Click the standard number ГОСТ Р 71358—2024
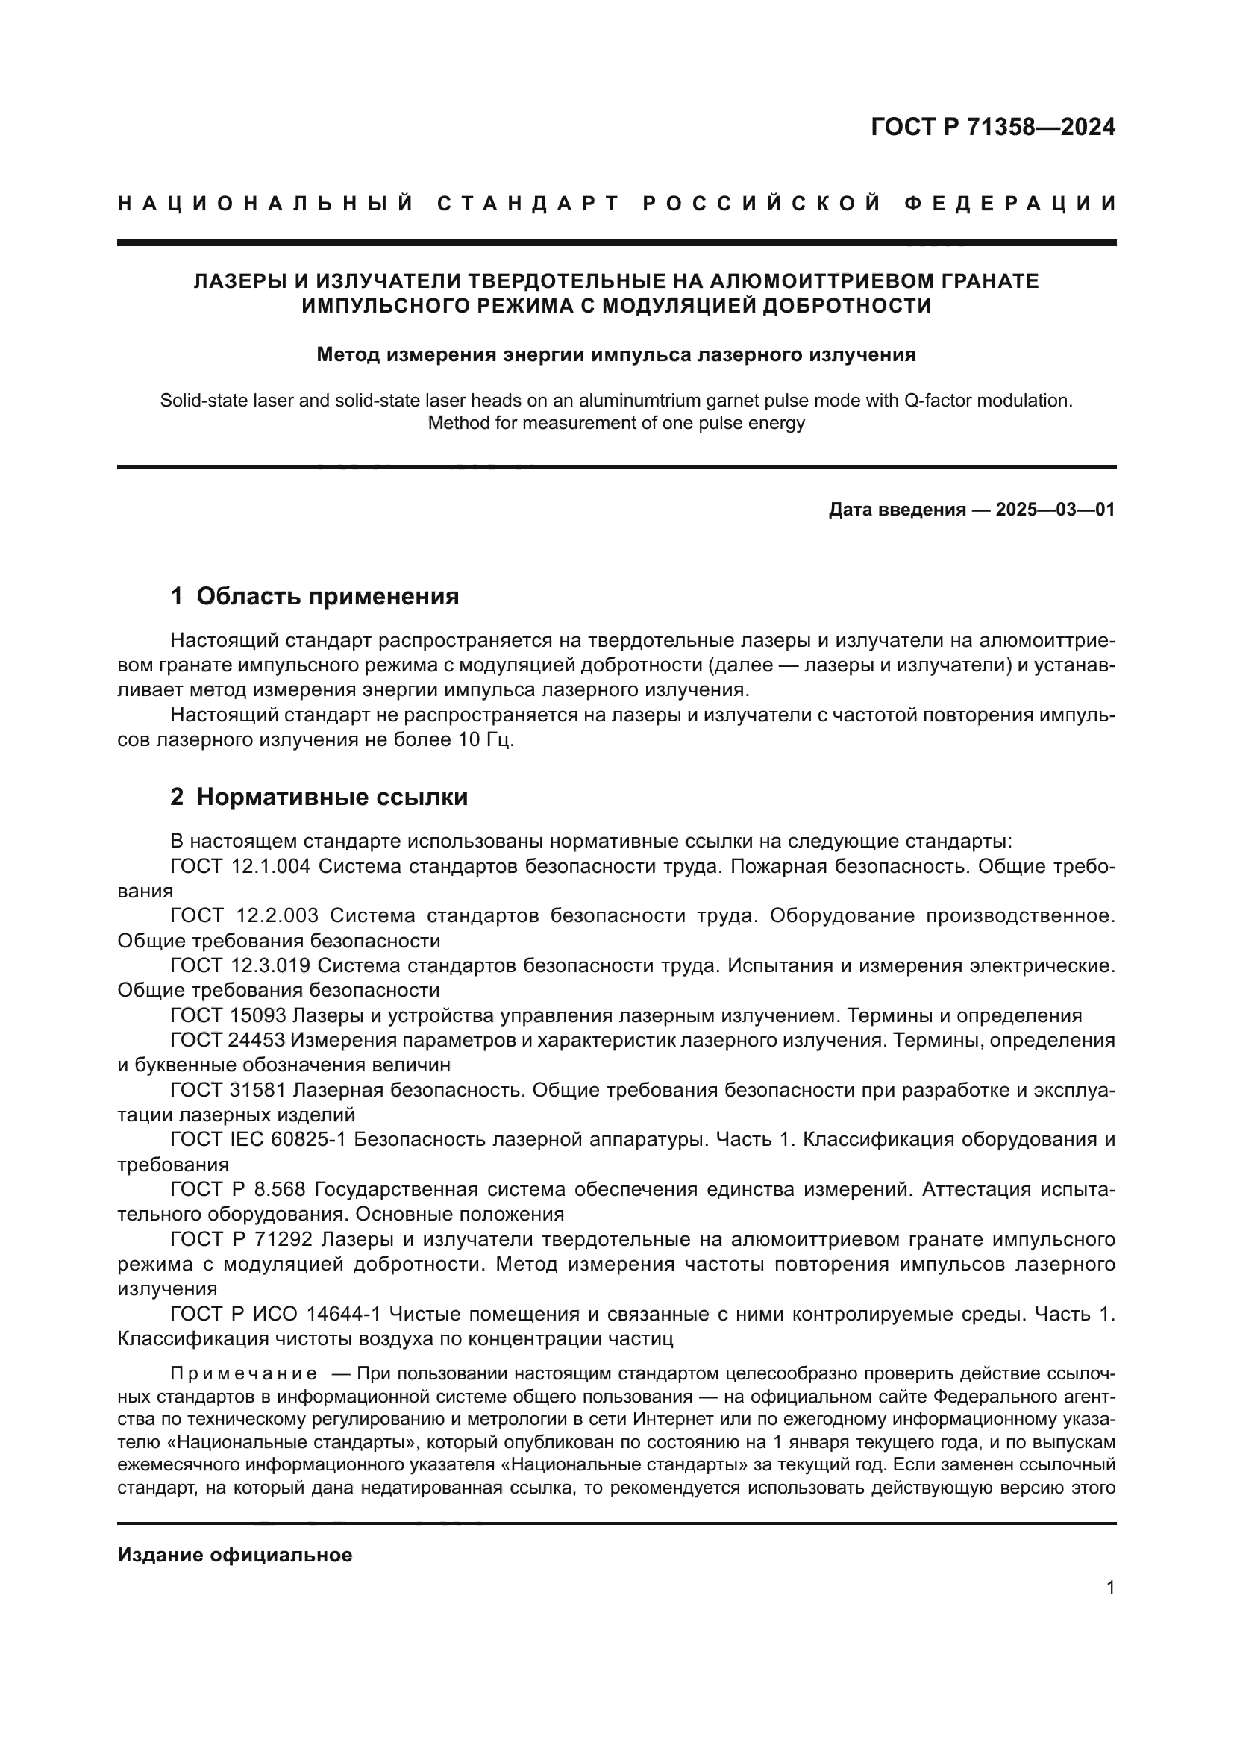tap(992, 127)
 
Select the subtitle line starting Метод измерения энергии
tap(616, 355)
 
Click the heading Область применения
tap(328, 597)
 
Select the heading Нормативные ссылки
tap(332, 798)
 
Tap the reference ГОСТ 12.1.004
tap(241, 866)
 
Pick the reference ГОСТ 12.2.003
tap(244, 916)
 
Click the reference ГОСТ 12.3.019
tap(241, 966)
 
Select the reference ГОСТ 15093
tap(228, 1015)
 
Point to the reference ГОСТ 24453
tap(228, 1041)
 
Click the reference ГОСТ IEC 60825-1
tap(259, 1140)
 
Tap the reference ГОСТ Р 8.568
tap(239, 1189)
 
